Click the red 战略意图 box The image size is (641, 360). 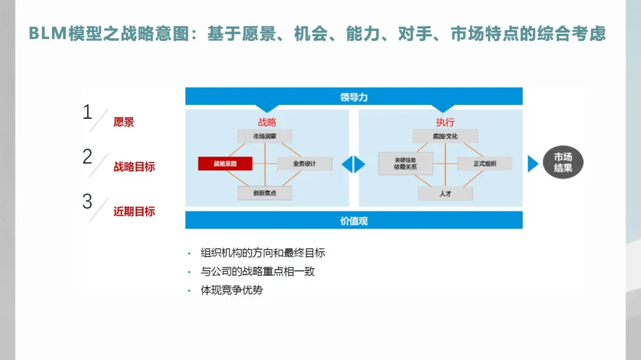(225, 164)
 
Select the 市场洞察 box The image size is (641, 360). (264, 136)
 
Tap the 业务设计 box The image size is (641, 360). (304, 164)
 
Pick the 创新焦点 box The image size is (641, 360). (264, 193)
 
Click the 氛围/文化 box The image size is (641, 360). (445, 136)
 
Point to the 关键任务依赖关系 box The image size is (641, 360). (405, 164)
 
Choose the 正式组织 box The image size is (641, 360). (484, 164)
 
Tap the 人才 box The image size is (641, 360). (445, 193)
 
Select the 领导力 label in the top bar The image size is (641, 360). (354, 97)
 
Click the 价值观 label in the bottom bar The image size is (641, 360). (354, 221)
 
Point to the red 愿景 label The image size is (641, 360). (124, 122)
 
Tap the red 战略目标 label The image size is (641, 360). (134, 167)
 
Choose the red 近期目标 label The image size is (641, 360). (134, 211)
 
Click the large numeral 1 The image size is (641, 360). (87, 111)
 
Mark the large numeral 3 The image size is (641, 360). (87, 202)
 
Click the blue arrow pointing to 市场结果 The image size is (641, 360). (532, 164)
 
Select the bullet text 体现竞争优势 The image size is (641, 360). (232, 290)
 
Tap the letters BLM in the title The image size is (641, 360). (48, 34)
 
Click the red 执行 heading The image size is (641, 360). (445, 122)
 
